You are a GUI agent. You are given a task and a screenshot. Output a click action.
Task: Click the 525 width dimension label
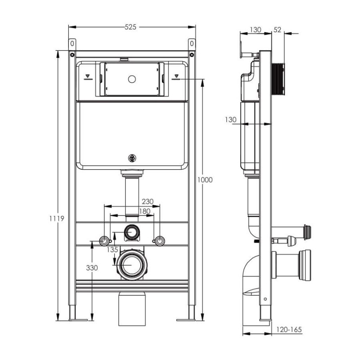tap(130, 27)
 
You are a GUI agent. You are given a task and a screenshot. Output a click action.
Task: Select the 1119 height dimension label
tap(58, 219)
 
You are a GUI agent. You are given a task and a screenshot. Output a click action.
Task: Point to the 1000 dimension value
tap(205, 180)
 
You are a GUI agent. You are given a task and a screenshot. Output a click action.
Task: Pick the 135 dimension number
tap(113, 250)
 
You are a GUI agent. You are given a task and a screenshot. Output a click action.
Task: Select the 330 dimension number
tap(92, 267)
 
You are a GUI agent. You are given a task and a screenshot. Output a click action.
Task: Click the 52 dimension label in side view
tap(277, 30)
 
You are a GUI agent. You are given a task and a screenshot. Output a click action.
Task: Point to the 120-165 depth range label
tap(289, 330)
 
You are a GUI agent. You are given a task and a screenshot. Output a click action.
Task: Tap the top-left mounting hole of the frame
tap(72, 44)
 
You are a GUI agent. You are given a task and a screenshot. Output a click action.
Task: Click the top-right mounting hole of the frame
tap(192, 44)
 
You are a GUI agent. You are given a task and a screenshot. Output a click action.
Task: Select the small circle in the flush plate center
tap(132, 79)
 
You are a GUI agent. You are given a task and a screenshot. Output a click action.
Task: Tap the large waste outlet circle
tap(132, 264)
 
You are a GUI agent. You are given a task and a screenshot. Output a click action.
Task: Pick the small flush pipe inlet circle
tap(132, 232)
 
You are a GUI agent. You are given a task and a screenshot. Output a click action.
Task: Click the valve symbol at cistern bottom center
tap(132, 158)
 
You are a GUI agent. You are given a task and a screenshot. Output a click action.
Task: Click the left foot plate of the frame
tap(77, 320)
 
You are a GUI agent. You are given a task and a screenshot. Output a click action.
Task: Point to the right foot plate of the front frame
tap(186, 320)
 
